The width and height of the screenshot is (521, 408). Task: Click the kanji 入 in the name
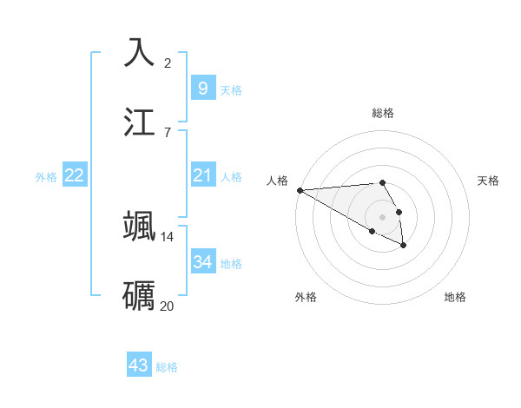[x=140, y=52]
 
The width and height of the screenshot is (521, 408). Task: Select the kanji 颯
[x=140, y=225]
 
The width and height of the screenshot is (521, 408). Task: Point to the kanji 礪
[x=140, y=294]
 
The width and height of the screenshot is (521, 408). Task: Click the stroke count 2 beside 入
[x=168, y=63]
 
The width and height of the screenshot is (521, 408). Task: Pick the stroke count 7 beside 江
[x=168, y=132]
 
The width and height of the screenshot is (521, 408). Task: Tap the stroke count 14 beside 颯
[x=168, y=236]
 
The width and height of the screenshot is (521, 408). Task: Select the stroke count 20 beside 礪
[x=168, y=306]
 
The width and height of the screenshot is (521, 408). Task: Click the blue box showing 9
[x=202, y=88]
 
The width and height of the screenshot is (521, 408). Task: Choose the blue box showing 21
[x=202, y=175]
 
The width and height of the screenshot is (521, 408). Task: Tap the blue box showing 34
[x=202, y=262]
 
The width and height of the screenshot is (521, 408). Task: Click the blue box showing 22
[x=75, y=175]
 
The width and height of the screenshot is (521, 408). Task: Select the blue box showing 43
[x=139, y=365]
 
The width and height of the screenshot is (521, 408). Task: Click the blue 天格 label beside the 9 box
[x=231, y=90]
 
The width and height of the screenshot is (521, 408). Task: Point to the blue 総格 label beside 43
[x=167, y=367]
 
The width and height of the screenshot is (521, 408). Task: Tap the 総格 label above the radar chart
[x=383, y=113]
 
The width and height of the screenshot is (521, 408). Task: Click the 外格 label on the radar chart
[x=306, y=297]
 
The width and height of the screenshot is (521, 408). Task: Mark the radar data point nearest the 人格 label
[x=300, y=190]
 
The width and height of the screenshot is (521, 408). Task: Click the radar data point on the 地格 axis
[x=404, y=246]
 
